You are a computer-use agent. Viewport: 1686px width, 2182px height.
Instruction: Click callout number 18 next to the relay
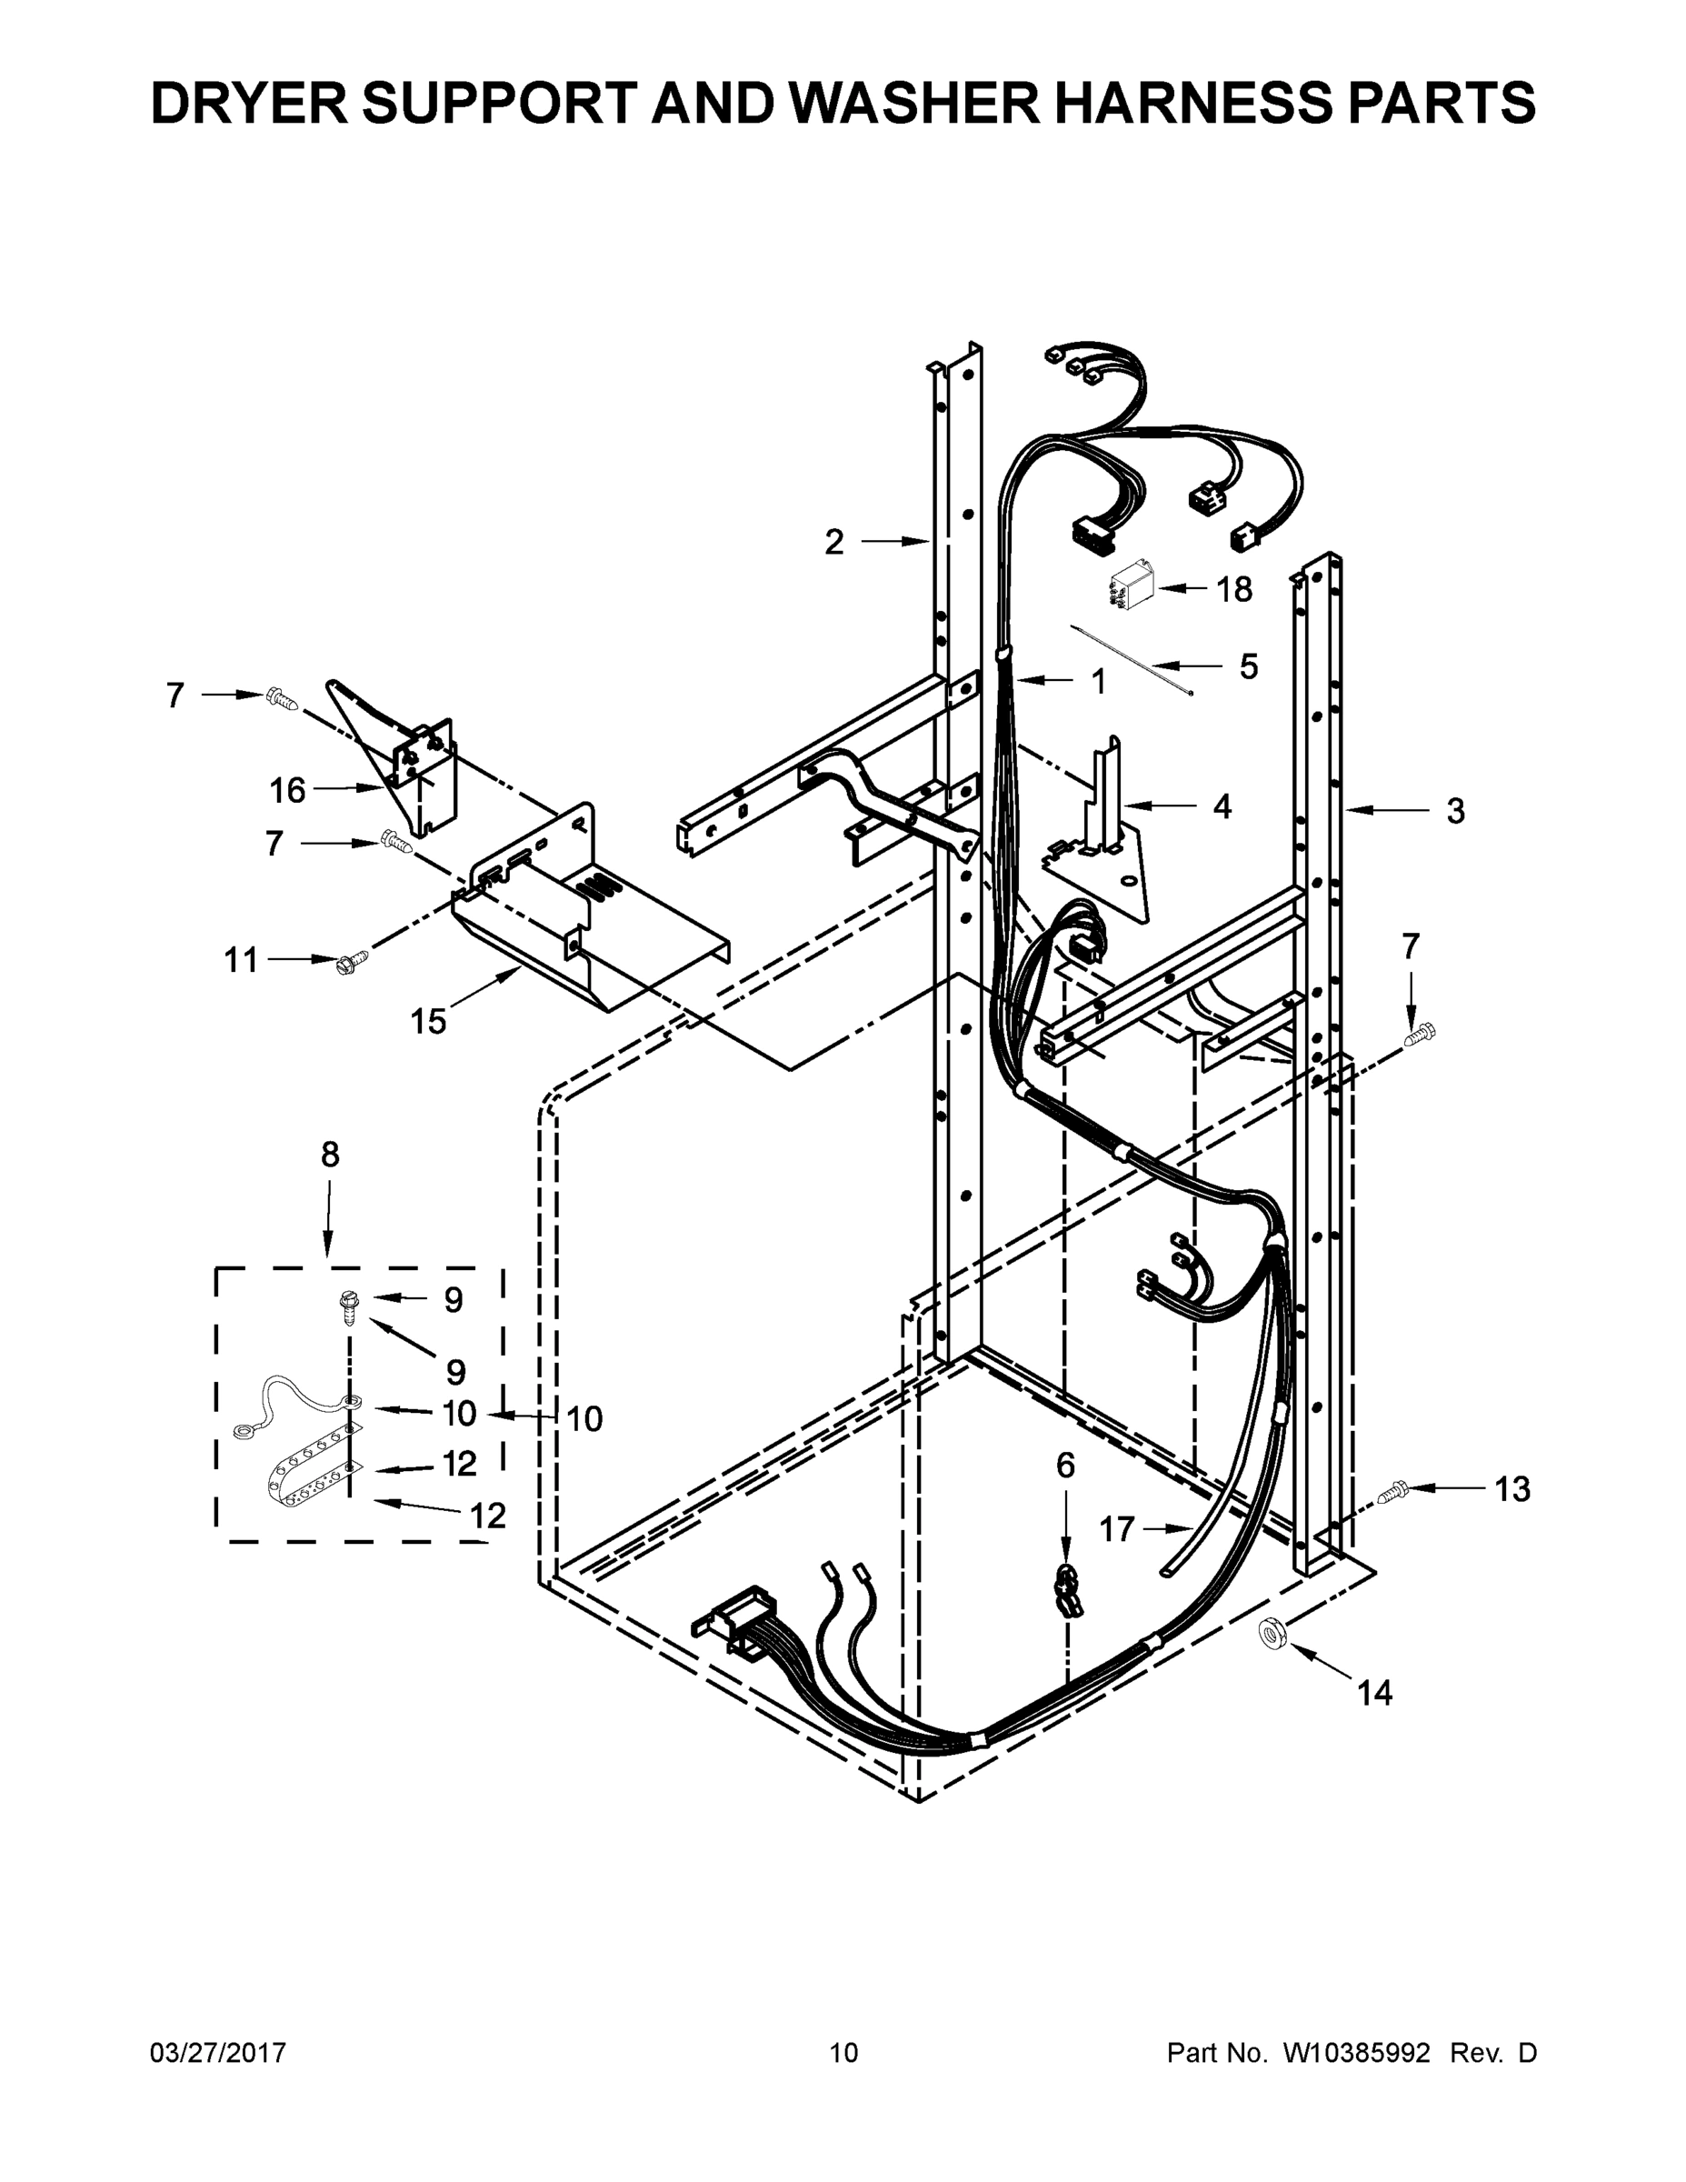click(x=1234, y=589)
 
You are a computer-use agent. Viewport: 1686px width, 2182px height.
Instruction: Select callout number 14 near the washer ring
click(x=1374, y=1693)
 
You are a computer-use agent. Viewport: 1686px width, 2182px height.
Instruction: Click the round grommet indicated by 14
click(x=1271, y=1636)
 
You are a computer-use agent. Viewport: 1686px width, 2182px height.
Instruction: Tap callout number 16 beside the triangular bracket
click(x=286, y=790)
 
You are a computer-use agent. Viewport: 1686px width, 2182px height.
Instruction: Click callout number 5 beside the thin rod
click(x=1249, y=666)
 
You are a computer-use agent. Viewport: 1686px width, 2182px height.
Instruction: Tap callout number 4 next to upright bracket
click(x=1222, y=806)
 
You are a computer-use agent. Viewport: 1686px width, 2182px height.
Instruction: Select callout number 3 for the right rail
click(x=1455, y=810)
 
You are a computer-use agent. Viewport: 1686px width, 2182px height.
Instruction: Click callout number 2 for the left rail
click(x=834, y=542)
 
